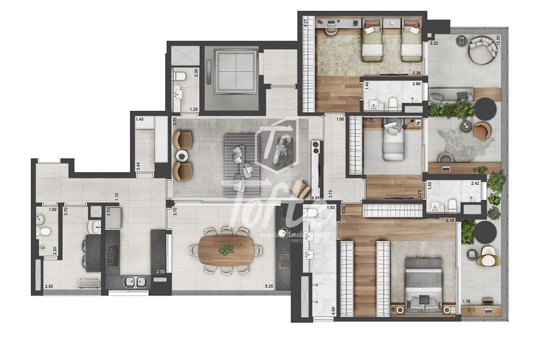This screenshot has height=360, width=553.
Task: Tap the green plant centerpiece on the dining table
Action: pyautogui.click(x=226, y=250)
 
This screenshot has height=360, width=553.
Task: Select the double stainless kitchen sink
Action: pyautogui.click(x=136, y=281)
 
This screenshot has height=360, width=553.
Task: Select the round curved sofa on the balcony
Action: pyautogui.click(x=482, y=49)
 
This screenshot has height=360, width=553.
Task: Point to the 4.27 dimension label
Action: pyautogui.click(x=305, y=23)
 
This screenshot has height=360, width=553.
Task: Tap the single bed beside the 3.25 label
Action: pyautogui.click(x=393, y=142)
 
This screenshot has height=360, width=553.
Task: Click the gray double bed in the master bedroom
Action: pyautogui.click(x=423, y=285)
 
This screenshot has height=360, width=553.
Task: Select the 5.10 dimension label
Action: pyautogui.click(x=449, y=220)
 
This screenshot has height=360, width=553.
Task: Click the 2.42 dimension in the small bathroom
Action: pyautogui.click(x=475, y=184)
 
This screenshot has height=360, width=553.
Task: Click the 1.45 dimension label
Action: pyautogui.click(x=139, y=119)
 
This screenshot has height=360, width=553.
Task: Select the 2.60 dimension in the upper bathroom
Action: pyautogui.click(x=416, y=84)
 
